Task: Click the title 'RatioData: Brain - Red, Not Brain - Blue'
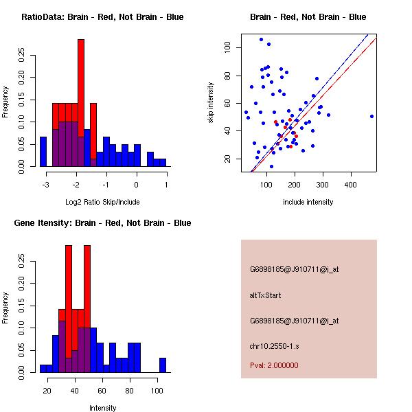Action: tap(102, 17)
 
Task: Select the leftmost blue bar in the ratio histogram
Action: tap(43, 151)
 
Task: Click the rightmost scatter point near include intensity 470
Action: tap(371, 116)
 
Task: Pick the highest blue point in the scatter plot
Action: tap(261, 40)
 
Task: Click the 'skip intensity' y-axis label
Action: tap(211, 103)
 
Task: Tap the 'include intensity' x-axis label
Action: tap(308, 202)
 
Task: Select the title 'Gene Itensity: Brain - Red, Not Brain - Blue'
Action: tap(102, 223)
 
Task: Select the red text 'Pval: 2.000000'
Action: tap(273, 365)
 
